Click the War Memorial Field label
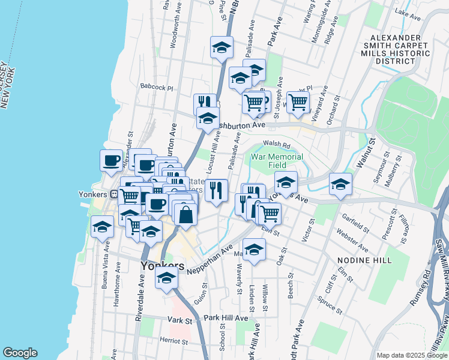point(277,161)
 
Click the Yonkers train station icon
point(113,194)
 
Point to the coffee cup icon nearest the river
point(111,161)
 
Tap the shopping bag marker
point(186,214)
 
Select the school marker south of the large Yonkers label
point(166,278)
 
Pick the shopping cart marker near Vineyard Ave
point(298,102)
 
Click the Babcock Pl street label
point(157,87)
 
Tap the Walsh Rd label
point(277,145)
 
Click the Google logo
point(20,353)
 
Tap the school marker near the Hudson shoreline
point(102,227)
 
